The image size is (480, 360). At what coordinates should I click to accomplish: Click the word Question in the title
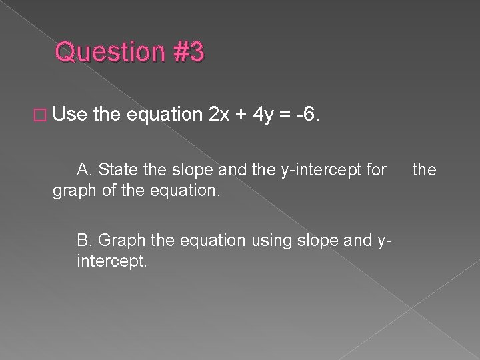[109, 53]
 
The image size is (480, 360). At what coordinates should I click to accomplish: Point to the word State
[116, 170]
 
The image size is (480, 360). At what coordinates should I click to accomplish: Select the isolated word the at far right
[424, 170]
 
